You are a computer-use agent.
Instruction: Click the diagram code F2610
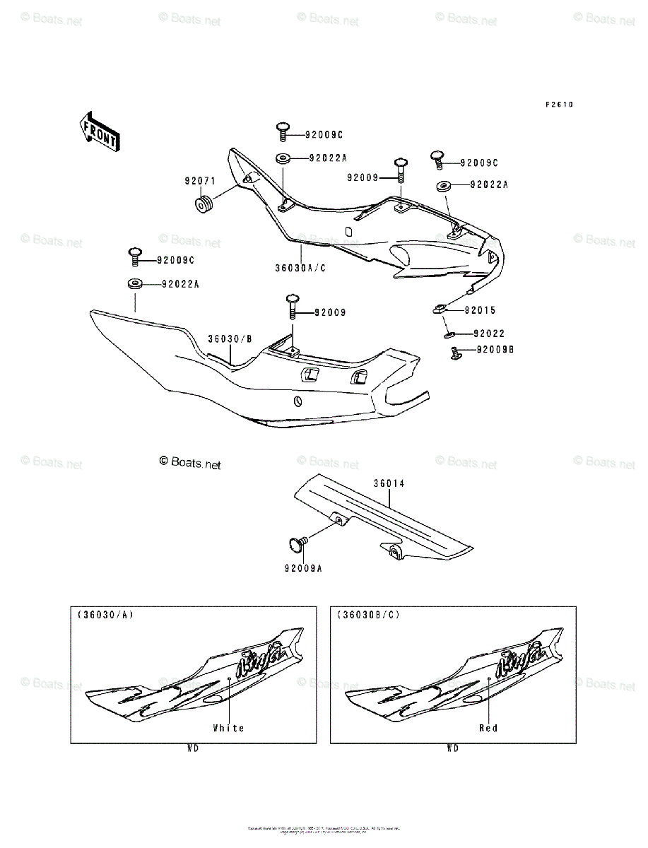coord(558,105)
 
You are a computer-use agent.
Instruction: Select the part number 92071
coord(200,181)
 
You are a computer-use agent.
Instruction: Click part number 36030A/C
coord(301,269)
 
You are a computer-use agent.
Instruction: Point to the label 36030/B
coord(230,339)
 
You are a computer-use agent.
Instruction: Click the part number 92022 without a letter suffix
coord(489,333)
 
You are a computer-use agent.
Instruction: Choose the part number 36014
coord(389,484)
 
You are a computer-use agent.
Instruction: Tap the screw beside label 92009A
coord(296,543)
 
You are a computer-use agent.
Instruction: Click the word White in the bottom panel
coord(228,728)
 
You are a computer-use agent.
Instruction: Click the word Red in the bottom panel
coord(488,728)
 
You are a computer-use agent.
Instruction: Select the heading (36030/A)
coord(105,615)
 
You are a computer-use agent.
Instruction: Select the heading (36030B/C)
coord(368,615)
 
